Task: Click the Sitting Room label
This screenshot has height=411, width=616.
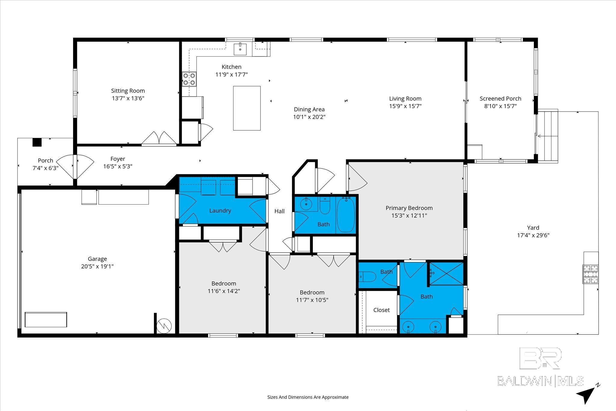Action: pos(128,91)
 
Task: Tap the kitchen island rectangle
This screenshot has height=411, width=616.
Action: pos(247,108)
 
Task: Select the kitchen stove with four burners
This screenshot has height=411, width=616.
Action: pos(189,79)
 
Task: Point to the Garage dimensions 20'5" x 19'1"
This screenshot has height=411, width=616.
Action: pos(97,266)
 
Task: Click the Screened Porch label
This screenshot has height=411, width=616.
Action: pos(500,98)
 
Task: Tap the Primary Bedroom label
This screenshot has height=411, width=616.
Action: pos(409,208)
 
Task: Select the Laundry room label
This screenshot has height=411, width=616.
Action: pos(220,211)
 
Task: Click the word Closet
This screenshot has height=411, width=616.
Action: pos(381,310)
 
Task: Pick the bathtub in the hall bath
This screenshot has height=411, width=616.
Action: pos(346,215)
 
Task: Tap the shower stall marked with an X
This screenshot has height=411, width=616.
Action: pos(446,273)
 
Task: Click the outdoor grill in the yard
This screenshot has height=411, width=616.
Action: pos(590,274)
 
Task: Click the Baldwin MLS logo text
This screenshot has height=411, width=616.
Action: pos(540,381)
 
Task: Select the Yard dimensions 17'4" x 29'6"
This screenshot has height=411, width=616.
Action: pos(533,235)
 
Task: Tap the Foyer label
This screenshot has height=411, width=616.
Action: pos(118,159)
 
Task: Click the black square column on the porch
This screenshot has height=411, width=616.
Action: pos(37,142)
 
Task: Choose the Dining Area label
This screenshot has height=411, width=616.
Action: pos(309,109)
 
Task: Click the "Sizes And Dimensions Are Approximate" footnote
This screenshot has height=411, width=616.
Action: pos(308,397)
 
